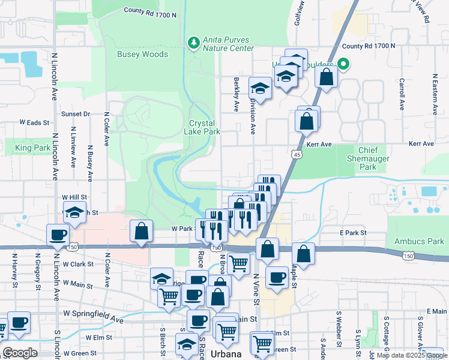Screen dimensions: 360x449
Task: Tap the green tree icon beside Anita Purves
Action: pos(193,43)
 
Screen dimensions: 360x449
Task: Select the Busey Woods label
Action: pos(142,54)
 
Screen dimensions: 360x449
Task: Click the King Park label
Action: pos(33,148)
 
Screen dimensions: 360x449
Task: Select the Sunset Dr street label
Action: pos(75,113)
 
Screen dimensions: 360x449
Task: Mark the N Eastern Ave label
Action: pos(434,93)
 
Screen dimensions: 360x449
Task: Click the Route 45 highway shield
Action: pos(298,155)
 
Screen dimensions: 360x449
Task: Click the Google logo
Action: pos(20,353)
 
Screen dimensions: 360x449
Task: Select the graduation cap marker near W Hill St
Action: pos(75,214)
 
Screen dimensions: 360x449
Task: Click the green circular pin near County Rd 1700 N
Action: pos(343,63)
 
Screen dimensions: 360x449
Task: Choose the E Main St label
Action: pos(437,311)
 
